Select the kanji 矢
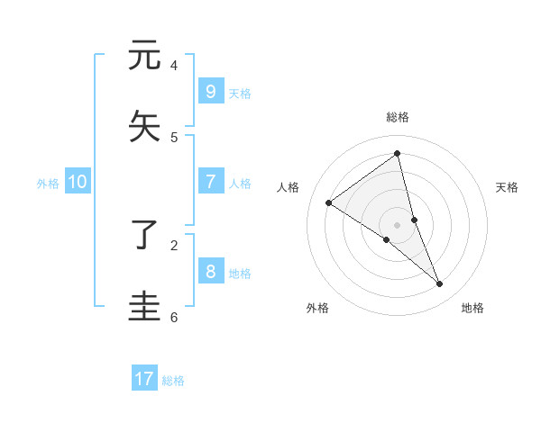[144, 126]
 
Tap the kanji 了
[144, 234]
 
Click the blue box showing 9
[210, 91]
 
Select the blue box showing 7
[210, 181]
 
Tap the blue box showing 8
[210, 271]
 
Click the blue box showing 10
[78, 181]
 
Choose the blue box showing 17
[144, 379]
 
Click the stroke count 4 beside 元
[174, 65]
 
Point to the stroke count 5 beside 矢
[174, 137]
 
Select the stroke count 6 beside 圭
[174, 317]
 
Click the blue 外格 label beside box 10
[48, 184]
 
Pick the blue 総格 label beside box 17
[173, 382]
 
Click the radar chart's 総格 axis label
[397, 117]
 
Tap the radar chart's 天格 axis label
[507, 187]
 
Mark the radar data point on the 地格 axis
[440, 284]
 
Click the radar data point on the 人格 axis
[328, 203]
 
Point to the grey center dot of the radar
[397, 224]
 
